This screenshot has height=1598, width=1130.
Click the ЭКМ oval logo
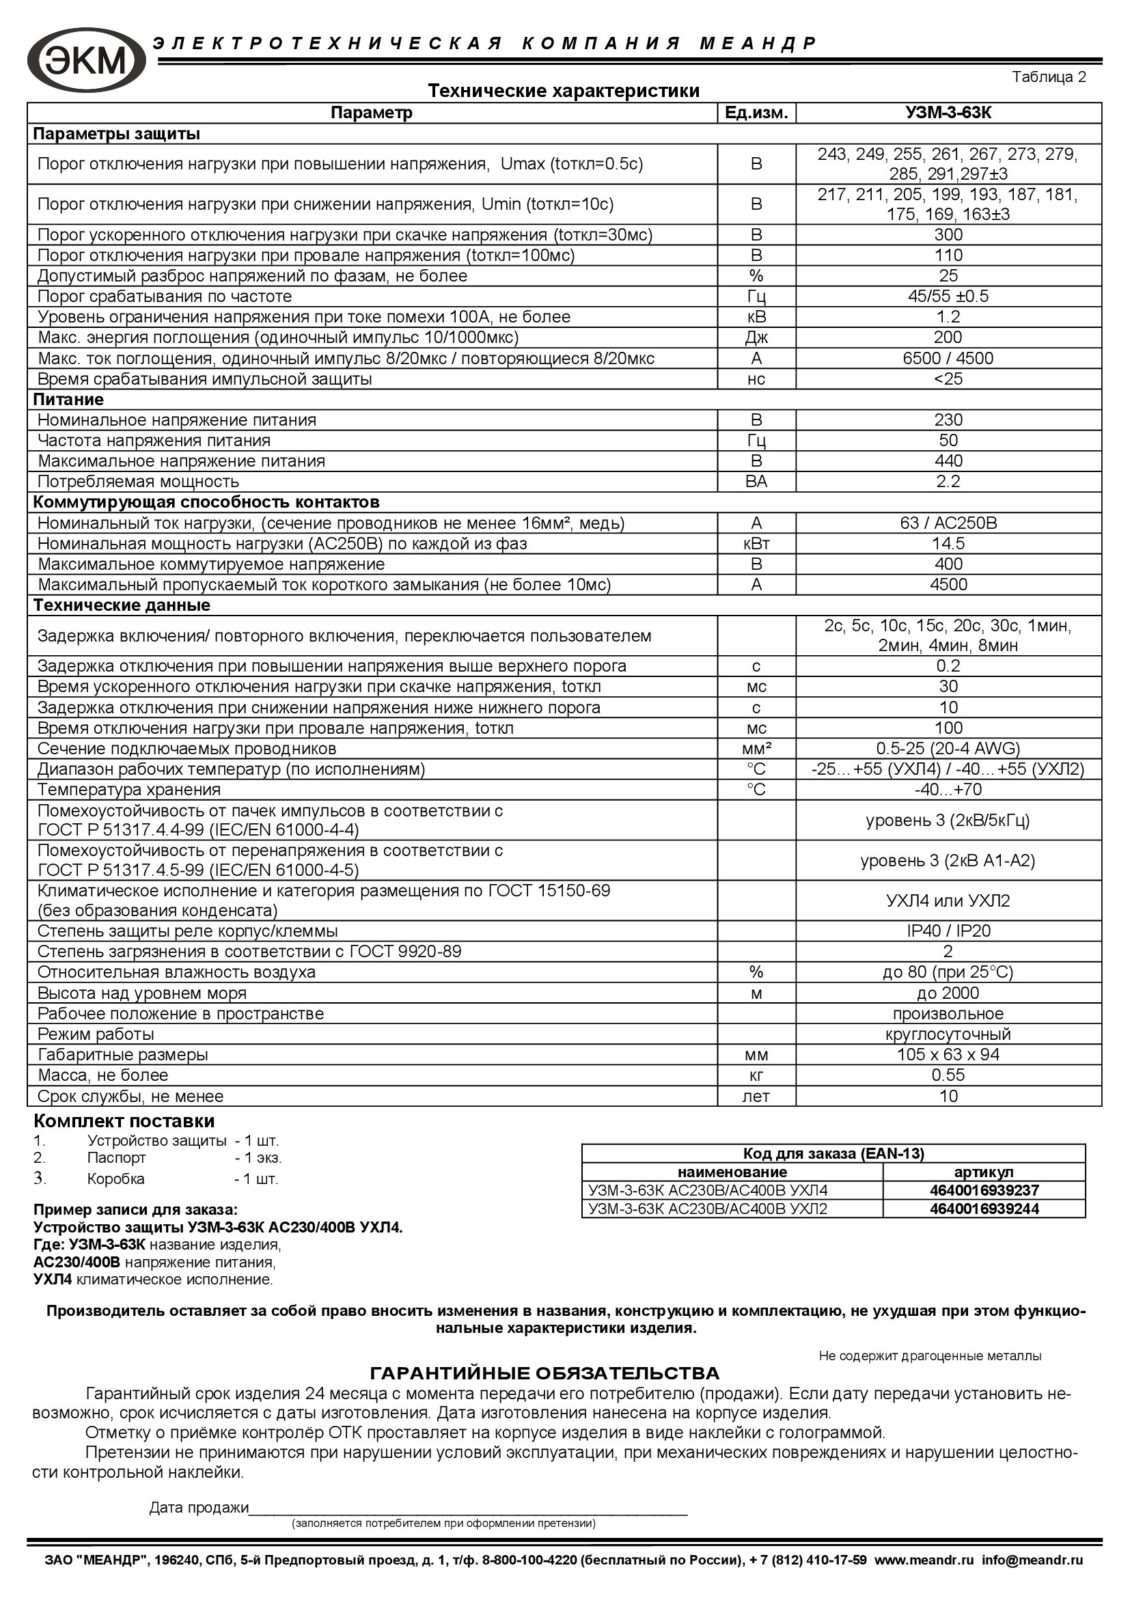point(86,60)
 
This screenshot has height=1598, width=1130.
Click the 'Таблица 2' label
point(1049,77)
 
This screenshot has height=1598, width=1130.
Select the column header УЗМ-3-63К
point(948,113)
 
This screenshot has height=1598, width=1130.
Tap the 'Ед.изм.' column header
point(756,113)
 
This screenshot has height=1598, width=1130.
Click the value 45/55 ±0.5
point(948,297)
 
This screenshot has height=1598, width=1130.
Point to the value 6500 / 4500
point(948,359)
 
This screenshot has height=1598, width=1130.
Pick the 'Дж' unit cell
point(756,337)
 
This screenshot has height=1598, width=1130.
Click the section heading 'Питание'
point(69,400)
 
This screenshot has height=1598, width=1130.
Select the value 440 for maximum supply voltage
point(948,460)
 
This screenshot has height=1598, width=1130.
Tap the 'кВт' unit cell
point(756,544)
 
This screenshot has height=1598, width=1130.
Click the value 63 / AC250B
point(948,523)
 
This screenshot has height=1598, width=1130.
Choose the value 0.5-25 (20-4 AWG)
point(948,749)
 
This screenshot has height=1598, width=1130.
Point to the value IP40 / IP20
point(948,931)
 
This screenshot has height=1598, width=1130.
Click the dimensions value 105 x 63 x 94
point(948,1054)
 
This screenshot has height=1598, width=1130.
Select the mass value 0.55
point(948,1075)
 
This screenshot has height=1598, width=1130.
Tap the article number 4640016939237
point(984,1190)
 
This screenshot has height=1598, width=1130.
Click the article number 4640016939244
point(984,1209)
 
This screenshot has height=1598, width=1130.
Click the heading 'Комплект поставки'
point(124,1121)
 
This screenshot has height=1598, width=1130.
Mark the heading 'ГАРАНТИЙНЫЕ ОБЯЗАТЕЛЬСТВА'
point(544,1373)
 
